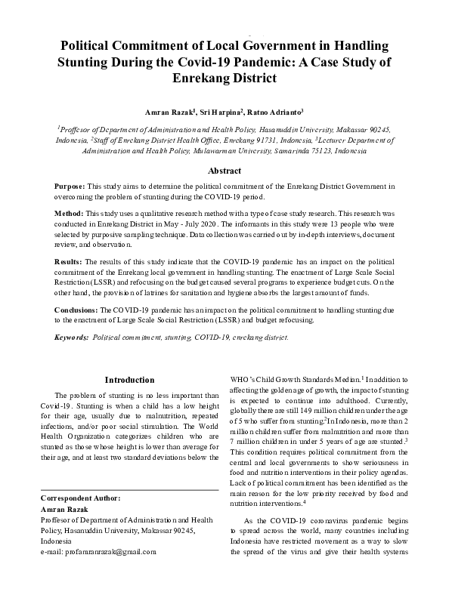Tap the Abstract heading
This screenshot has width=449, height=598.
[x=224, y=171]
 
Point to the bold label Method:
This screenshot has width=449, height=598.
[x=70, y=214]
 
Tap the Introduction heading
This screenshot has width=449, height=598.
[x=129, y=380]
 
